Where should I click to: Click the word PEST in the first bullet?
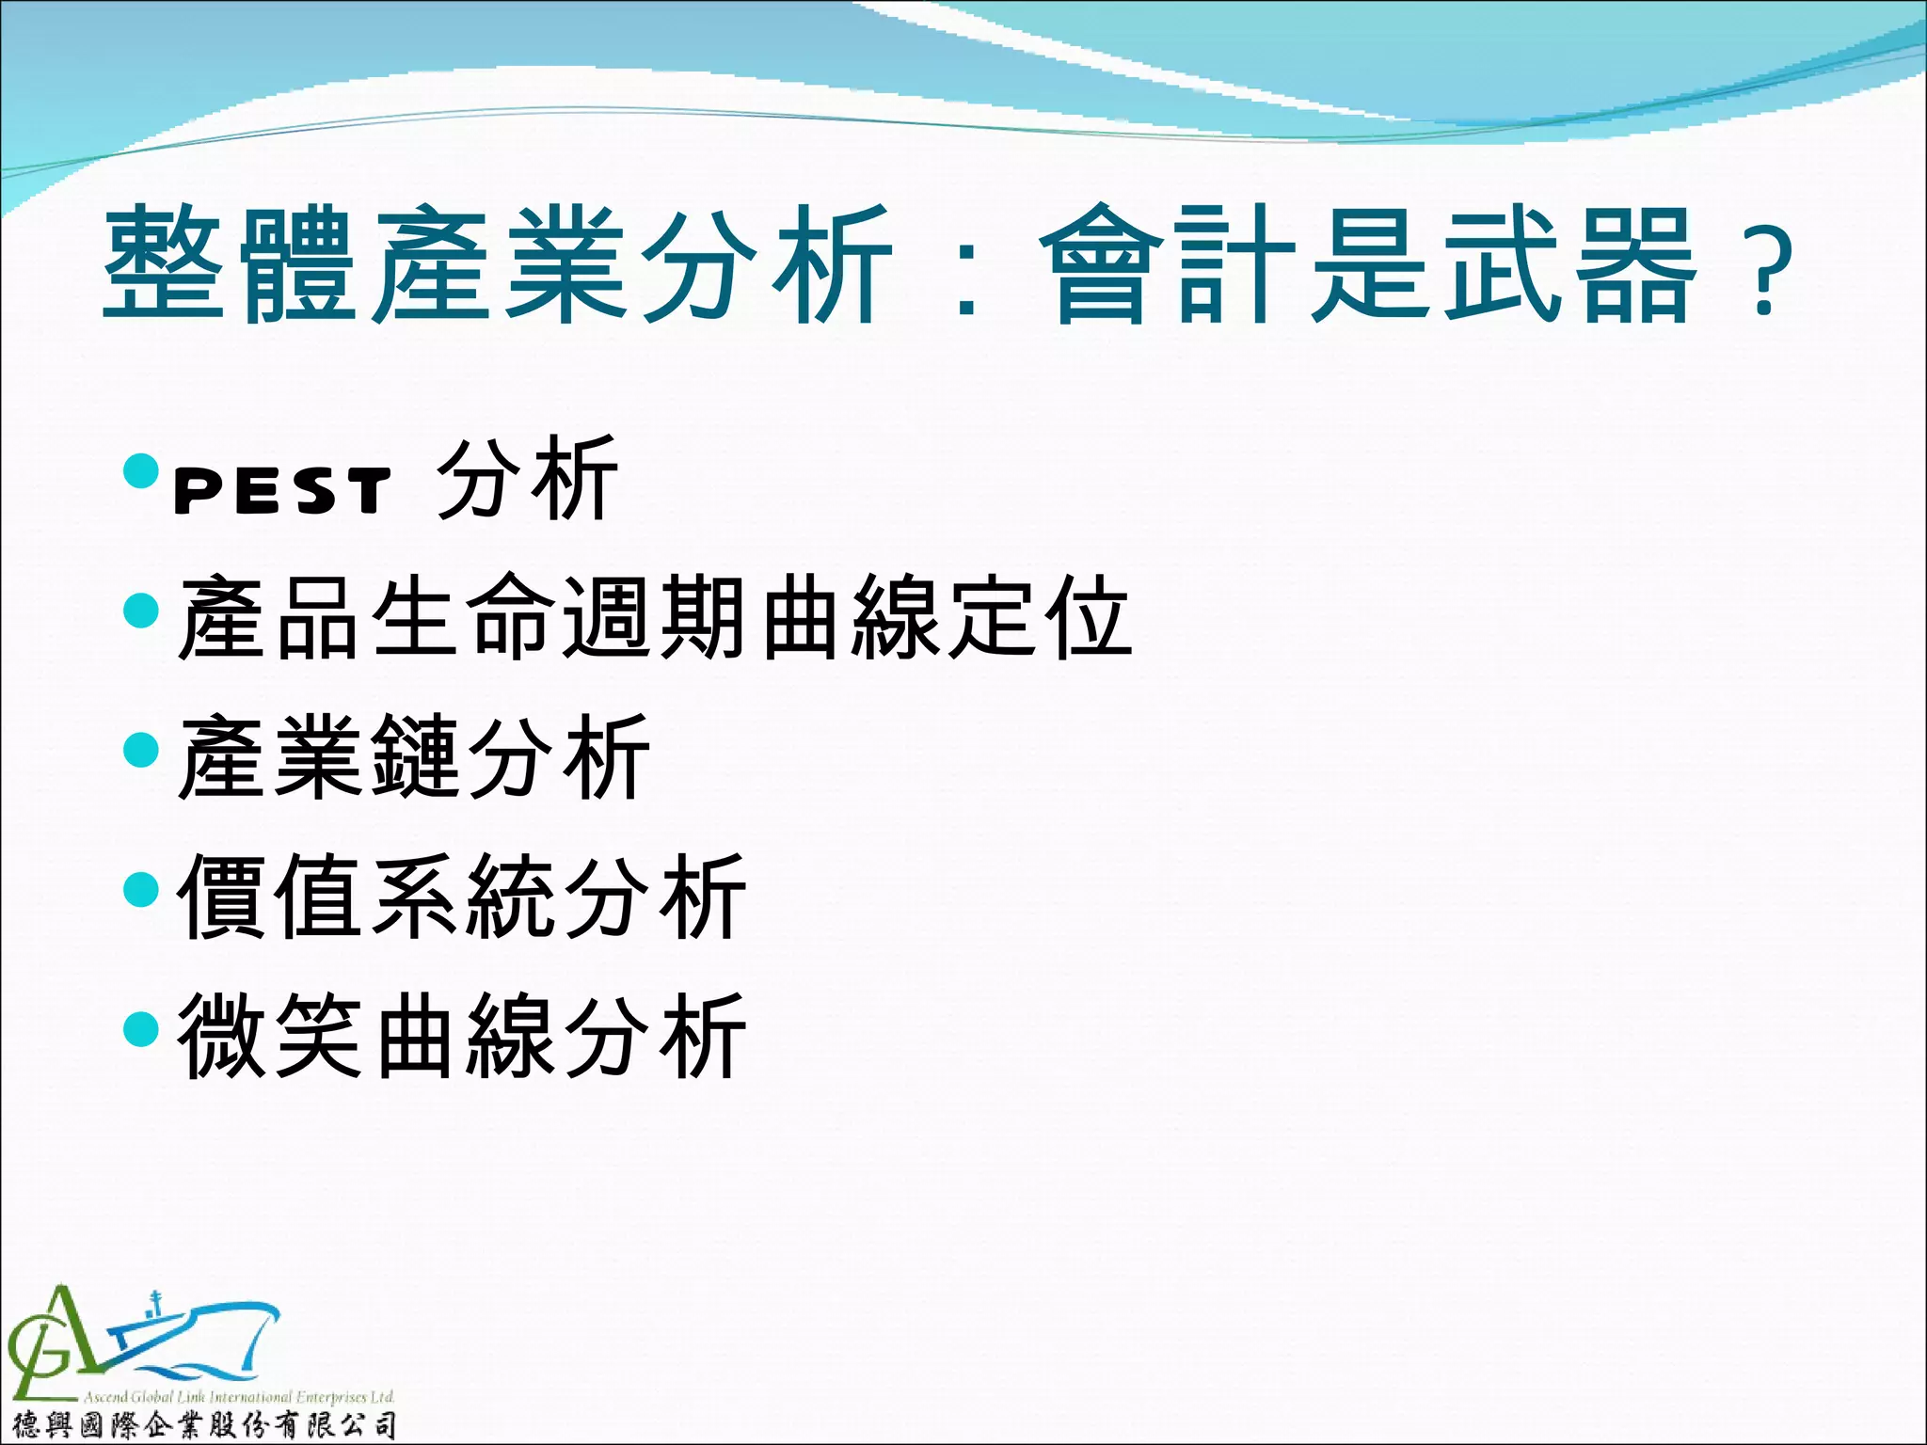click(282, 491)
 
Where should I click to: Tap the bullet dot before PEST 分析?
click(141, 470)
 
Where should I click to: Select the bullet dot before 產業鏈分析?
click(141, 750)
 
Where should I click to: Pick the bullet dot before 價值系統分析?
click(141, 889)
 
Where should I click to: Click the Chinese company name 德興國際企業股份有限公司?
click(202, 1425)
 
